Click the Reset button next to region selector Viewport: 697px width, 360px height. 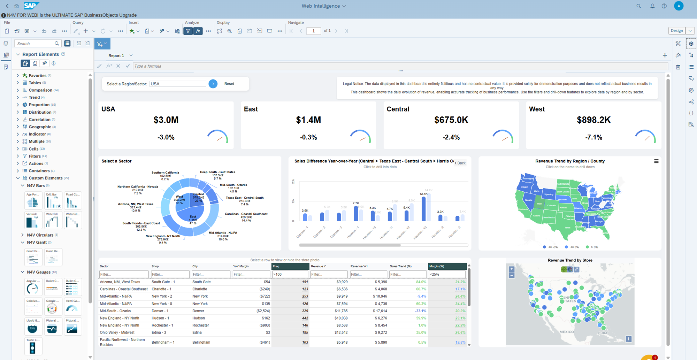229,84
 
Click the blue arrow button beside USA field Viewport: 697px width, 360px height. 213,84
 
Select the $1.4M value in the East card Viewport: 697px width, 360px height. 308,120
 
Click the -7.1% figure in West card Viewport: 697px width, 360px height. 593,137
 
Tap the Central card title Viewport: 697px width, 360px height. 398,109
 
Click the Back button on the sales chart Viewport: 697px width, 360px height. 460,163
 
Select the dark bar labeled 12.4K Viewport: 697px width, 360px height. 423,209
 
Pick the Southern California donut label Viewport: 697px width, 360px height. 165,173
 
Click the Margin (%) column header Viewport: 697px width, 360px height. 437,266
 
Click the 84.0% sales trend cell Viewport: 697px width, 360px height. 421,282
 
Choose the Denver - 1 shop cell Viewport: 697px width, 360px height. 160,311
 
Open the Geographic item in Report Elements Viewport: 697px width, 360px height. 40,127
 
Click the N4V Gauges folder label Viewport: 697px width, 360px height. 39,272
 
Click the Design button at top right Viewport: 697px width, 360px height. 676,31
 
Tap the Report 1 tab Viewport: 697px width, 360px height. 116,56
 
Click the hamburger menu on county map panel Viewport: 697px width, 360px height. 656,161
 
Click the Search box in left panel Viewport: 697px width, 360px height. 35,44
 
